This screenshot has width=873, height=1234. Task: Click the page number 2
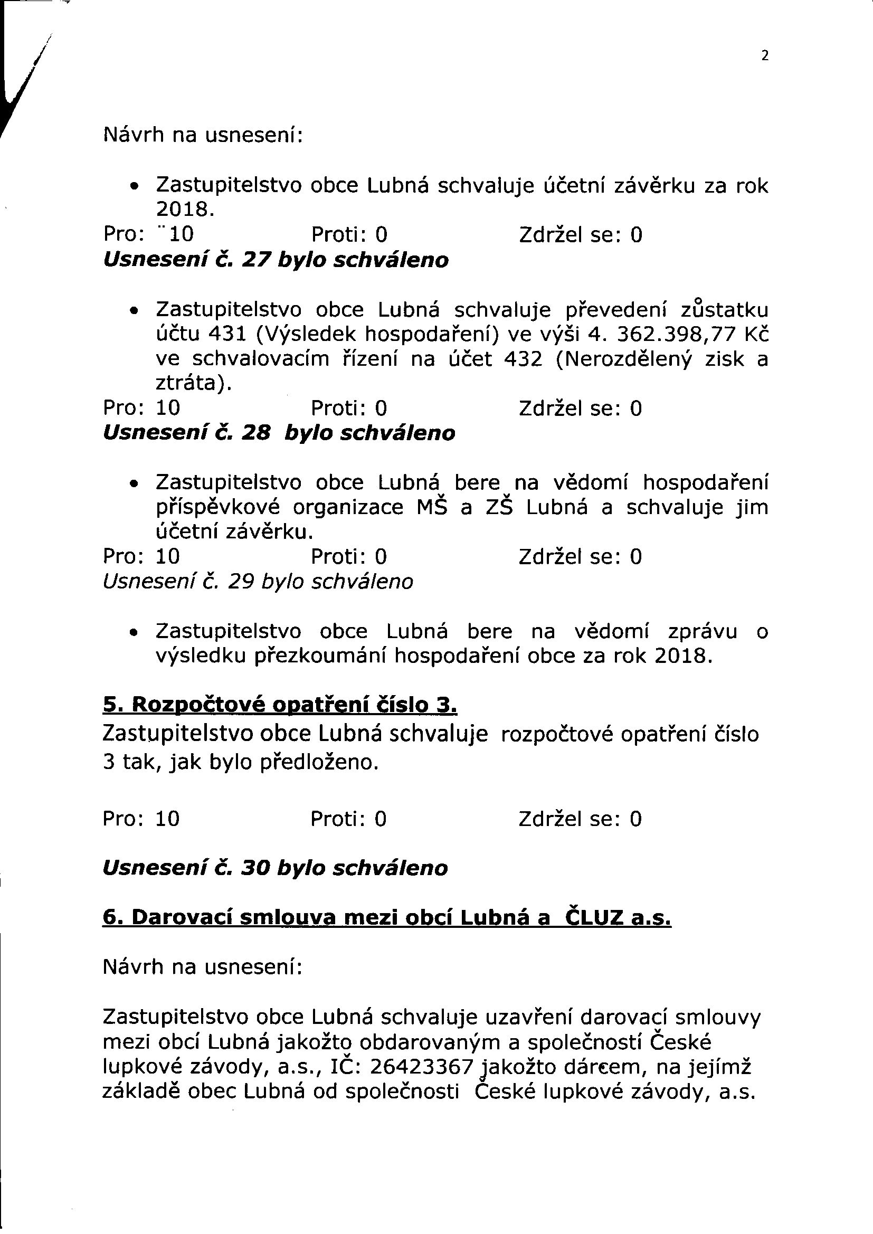[765, 55]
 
